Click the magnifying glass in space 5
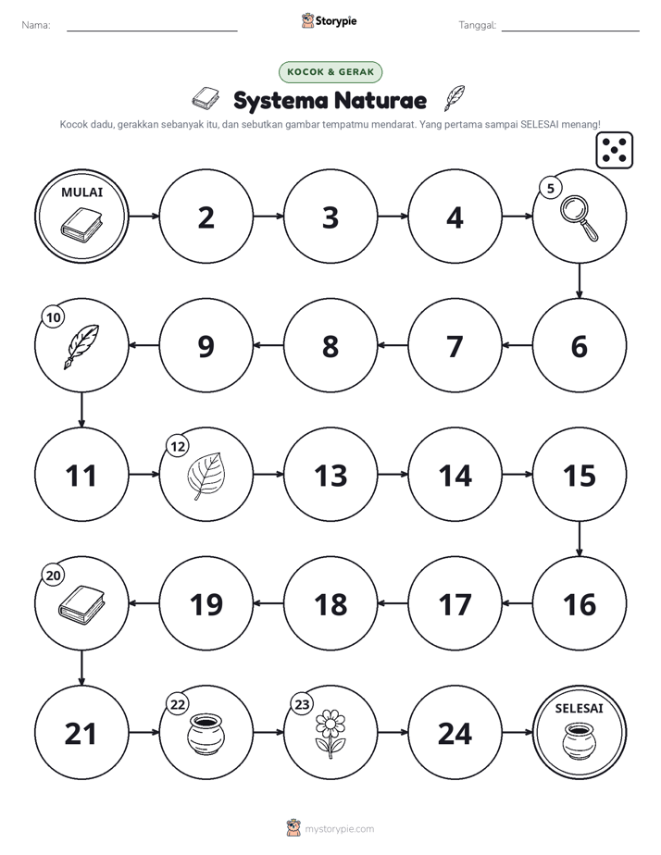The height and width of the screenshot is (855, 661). [x=580, y=218]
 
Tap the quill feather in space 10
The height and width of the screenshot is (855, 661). [x=81, y=347]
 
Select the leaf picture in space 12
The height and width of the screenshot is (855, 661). [x=206, y=476]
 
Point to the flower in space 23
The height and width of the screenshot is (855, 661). [x=330, y=734]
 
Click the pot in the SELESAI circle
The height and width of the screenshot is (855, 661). [x=580, y=740]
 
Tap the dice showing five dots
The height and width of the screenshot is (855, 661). [x=615, y=150]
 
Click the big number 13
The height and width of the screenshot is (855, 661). [x=330, y=476]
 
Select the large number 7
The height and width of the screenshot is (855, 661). [x=455, y=347]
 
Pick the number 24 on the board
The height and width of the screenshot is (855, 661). [x=455, y=734]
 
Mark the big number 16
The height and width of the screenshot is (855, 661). [x=580, y=605]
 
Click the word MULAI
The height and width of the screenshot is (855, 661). [x=81, y=192]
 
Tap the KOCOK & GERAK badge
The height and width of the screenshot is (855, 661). [x=330, y=72]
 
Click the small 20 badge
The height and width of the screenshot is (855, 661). [x=54, y=576]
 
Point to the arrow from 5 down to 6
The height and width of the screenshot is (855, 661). [x=580, y=280]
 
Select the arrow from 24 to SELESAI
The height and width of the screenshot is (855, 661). [x=517, y=732]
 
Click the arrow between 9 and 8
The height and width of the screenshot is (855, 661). [x=268, y=345]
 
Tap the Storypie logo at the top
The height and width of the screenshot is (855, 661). [x=330, y=20]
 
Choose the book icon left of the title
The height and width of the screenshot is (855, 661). [x=206, y=97]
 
